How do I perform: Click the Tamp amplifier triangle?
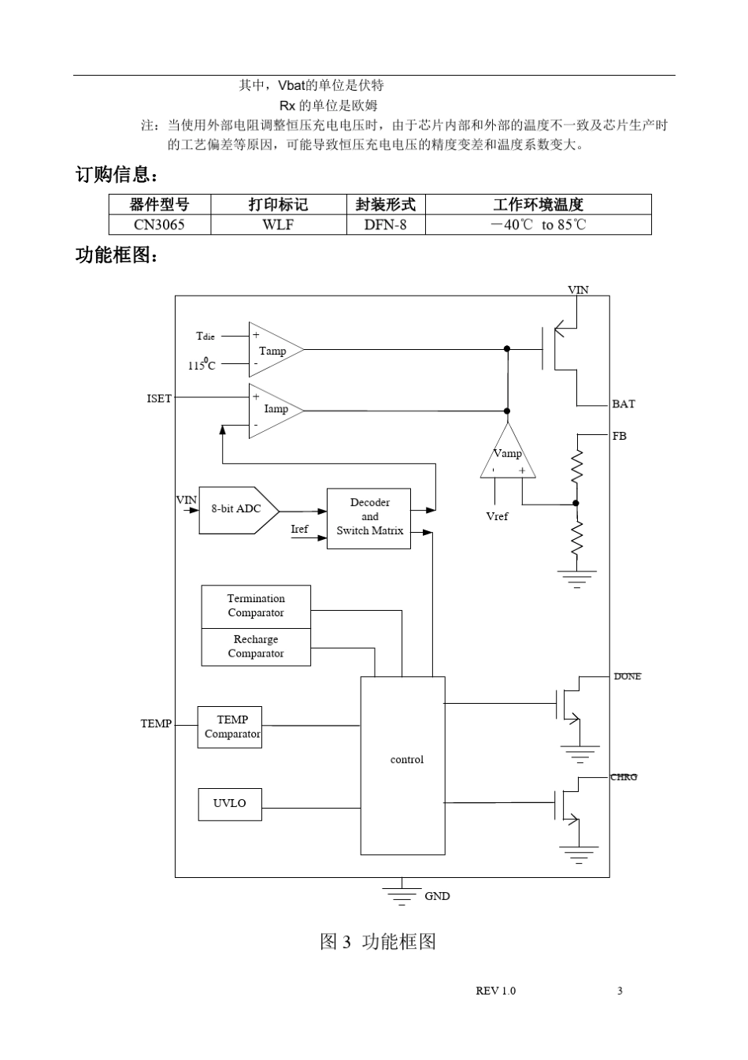[x=273, y=350]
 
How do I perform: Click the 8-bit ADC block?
[x=238, y=509]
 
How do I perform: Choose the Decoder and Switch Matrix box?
[x=368, y=517]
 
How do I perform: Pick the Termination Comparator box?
[x=256, y=606]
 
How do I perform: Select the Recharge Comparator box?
[x=256, y=647]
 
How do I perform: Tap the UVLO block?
[x=230, y=803]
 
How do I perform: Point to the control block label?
[x=406, y=760]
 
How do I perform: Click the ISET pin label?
[x=159, y=399]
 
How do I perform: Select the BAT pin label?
[x=623, y=404]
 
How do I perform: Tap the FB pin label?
[x=620, y=436]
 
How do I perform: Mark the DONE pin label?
[x=628, y=676]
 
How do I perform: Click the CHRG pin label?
[x=624, y=777]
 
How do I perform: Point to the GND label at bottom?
[x=437, y=896]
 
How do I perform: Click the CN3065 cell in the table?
[x=159, y=225]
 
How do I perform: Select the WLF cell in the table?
[x=278, y=225]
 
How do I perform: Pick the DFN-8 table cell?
[x=385, y=225]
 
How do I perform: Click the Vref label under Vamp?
[x=497, y=517]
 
